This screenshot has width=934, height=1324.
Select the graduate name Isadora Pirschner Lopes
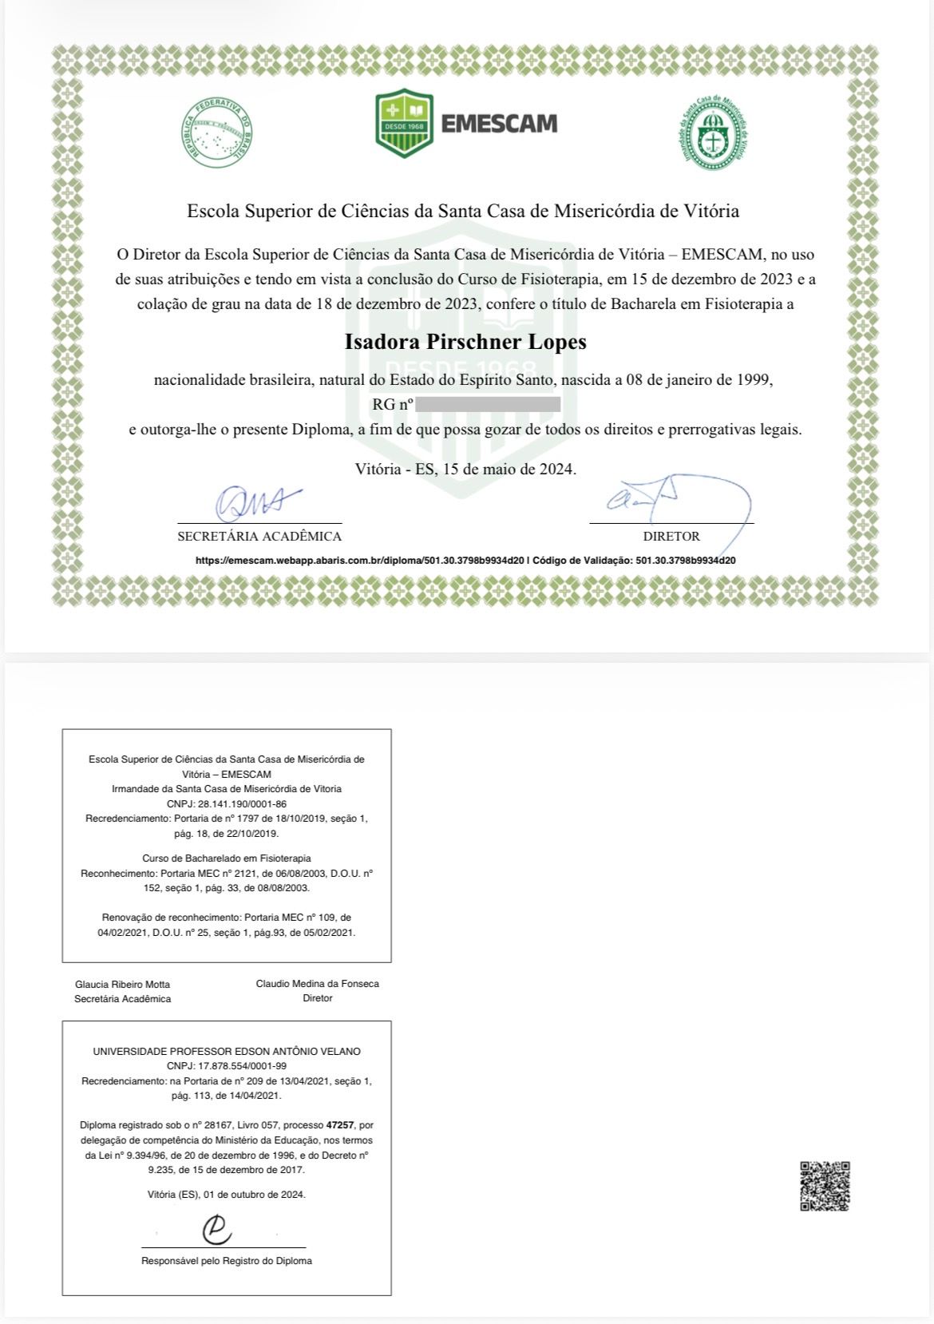point(465,342)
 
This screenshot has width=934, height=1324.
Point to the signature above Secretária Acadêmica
point(257,502)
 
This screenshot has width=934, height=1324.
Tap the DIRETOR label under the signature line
point(671,537)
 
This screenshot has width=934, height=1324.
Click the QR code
point(825,1186)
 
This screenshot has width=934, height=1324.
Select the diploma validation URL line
point(465,561)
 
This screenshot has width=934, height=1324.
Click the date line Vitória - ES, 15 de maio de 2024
point(465,469)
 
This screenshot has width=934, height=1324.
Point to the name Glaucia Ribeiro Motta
point(122,984)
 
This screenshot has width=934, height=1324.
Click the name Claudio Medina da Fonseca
point(317,983)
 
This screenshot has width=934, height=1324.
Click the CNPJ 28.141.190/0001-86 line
point(227,803)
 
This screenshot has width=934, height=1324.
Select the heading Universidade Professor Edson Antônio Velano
point(227,1051)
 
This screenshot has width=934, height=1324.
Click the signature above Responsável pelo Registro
point(216,1230)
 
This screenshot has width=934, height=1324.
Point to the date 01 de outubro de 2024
point(255,1195)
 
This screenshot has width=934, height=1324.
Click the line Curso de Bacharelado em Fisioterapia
point(227,858)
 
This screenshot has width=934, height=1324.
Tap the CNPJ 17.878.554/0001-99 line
point(227,1065)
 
